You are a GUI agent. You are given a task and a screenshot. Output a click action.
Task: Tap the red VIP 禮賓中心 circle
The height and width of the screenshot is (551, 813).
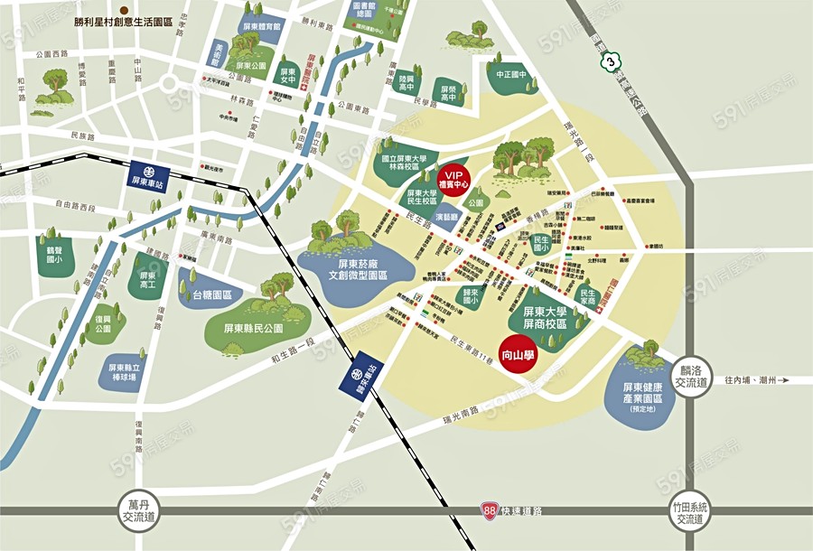coord(456,178)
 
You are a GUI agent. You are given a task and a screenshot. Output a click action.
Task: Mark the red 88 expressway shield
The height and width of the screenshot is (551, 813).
coord(489,511)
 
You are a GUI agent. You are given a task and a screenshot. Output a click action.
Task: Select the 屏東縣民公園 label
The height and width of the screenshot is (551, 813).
coord(254,328)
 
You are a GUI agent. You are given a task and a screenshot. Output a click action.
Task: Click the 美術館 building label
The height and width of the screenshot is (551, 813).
coord(220,55)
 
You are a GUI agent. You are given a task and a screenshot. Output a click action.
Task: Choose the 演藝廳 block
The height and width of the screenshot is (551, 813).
coord(449,219)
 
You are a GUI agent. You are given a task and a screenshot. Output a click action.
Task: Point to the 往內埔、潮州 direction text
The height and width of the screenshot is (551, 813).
coord(756,380)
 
